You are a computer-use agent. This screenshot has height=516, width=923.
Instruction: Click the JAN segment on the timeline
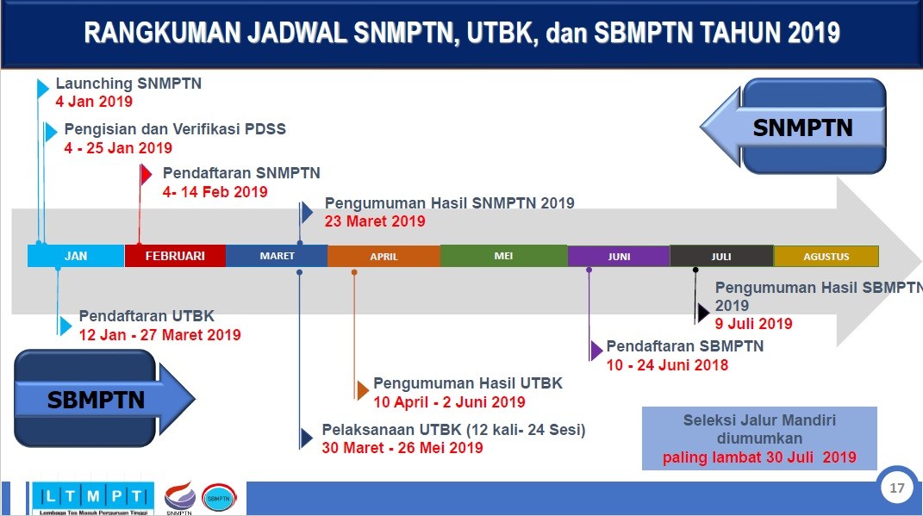click(76, 256)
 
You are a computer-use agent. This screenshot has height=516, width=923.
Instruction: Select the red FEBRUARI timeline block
click(175, 256)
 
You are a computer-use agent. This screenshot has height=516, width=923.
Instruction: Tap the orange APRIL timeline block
click(384, 257)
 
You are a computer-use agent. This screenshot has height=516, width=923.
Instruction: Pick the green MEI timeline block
click(503, 256)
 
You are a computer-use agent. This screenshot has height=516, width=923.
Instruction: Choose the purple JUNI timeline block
click(619, 257)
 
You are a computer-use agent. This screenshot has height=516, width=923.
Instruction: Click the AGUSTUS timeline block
click(826, 257)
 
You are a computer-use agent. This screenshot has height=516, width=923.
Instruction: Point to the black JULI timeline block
click(721, 257)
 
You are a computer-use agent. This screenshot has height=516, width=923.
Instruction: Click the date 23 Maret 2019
click(375, 221)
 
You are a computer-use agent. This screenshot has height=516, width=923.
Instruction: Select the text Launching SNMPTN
click(128, 84)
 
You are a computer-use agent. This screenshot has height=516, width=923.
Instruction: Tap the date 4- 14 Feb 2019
click(215, 192)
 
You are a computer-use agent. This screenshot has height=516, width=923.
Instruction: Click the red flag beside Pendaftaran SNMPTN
click(146, 175)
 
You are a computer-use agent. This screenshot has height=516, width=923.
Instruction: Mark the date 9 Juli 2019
click(753, 324)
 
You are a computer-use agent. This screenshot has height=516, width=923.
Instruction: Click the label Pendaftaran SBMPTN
click(684, 346)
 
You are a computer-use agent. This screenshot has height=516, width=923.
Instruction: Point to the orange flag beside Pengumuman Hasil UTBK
click(362, 390)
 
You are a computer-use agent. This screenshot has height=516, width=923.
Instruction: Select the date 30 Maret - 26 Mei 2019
click(402, 448)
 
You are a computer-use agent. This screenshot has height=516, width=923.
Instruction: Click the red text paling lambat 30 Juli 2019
click(759, 457)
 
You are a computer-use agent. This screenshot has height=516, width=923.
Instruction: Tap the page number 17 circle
click(897, 488)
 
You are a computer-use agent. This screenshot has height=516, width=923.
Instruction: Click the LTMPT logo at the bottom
click(92, 497)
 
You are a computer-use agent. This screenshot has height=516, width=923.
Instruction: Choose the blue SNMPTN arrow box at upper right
click(801, 128)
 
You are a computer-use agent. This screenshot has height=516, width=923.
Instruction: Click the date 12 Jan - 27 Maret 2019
click(159, 335)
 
